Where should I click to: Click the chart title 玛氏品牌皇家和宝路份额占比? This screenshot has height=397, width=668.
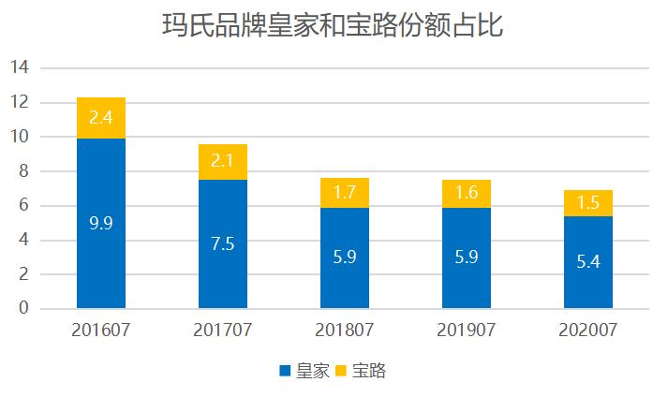click(334, 25)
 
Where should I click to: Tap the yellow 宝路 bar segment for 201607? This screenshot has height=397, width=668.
click(101, 118)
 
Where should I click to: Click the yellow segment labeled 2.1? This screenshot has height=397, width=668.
click(223, 162)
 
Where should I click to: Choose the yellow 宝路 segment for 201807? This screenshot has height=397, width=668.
click(345, 193)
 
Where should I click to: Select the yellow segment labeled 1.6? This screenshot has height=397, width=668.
click(467, 194)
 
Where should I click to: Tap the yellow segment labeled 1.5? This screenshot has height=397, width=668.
click(588, 203)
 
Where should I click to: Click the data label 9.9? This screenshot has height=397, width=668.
click(101, 224)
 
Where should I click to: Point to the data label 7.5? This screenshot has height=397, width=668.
click(223, 244)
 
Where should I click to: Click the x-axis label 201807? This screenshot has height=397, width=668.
click(345, 330)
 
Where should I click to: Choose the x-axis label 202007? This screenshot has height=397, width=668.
click(588, 330)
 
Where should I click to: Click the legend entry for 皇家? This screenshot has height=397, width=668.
click(304, 371)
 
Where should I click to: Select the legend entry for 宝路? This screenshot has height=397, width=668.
click(362, 371)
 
